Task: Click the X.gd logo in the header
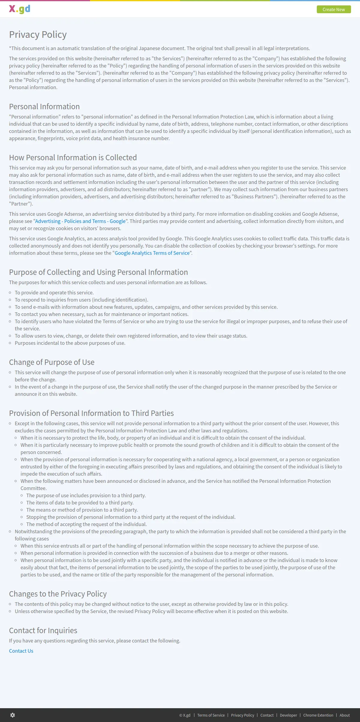pos(19,9)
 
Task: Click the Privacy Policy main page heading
pos(38,35)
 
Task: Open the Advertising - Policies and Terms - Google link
pos(80,221)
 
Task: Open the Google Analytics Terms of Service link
pos(152,253)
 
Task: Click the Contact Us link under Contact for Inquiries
pos(21,651)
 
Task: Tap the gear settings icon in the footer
pos(13,715)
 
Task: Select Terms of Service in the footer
pos(211,715)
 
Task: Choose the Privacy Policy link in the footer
pos(242,715)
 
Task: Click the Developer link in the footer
pos(288,715)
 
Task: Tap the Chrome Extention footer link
pos(318,715)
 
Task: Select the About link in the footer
pos(345,715)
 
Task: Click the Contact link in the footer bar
pos(267,715)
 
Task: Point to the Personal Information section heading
pos(44,107)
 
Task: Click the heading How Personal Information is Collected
pos(73,158)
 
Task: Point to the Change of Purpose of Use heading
pos(52,362)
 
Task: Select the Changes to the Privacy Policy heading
pos(58,594)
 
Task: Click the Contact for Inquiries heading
pos(43,630)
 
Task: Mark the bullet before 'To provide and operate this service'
pos(10,293)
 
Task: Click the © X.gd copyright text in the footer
pos(185,715)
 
